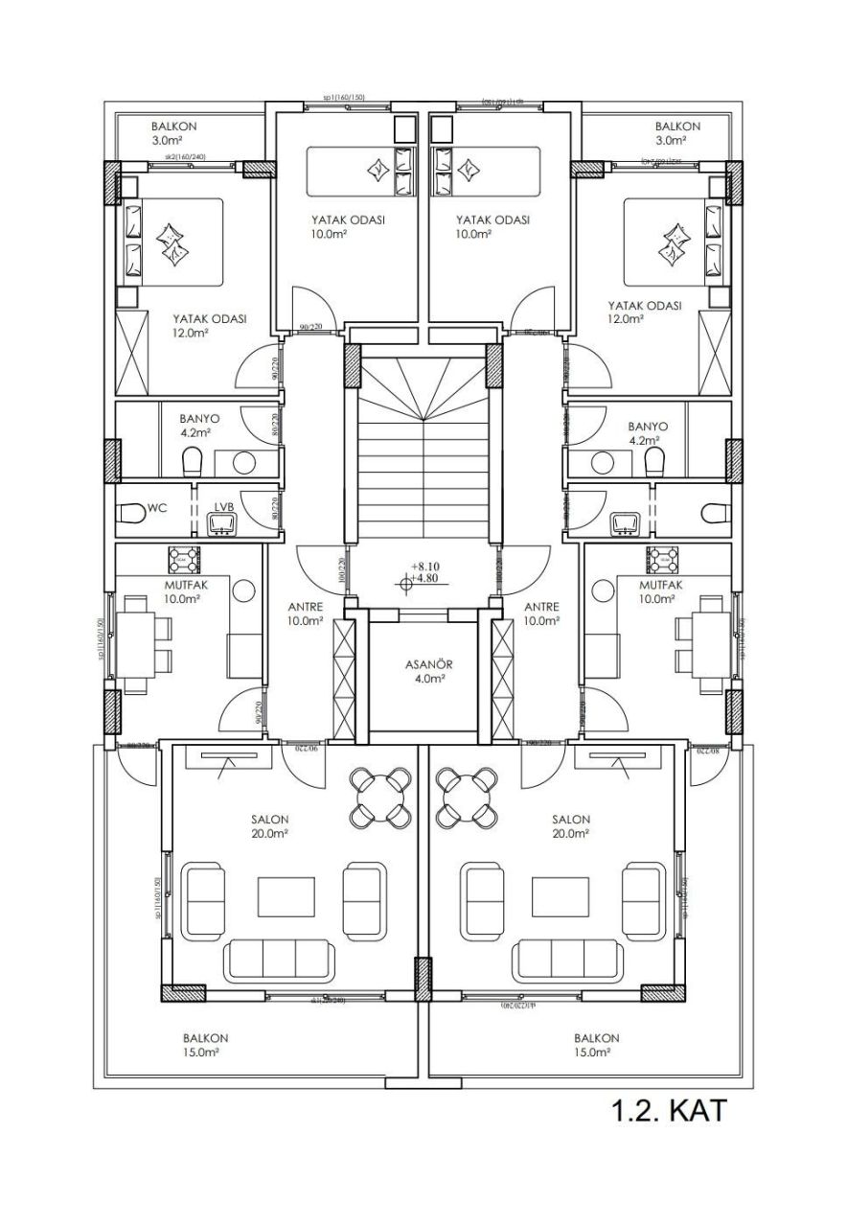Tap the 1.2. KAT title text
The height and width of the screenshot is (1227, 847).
(x=670, y=1111)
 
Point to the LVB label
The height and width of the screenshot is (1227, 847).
(x=224, y=506)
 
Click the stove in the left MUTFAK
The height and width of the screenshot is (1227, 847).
(x=184, y=558)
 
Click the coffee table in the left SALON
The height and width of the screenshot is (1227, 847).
(x=286, y=897)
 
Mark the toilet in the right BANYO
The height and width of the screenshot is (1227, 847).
(x=654, y=463)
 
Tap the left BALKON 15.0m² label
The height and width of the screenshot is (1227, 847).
(x=206, y=1045)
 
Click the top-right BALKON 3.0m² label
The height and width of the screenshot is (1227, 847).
(x=677, y=133)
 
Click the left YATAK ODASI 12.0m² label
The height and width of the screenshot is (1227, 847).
(x=210, y=326)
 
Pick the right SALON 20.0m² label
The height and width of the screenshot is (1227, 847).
(x=571, y=826)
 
